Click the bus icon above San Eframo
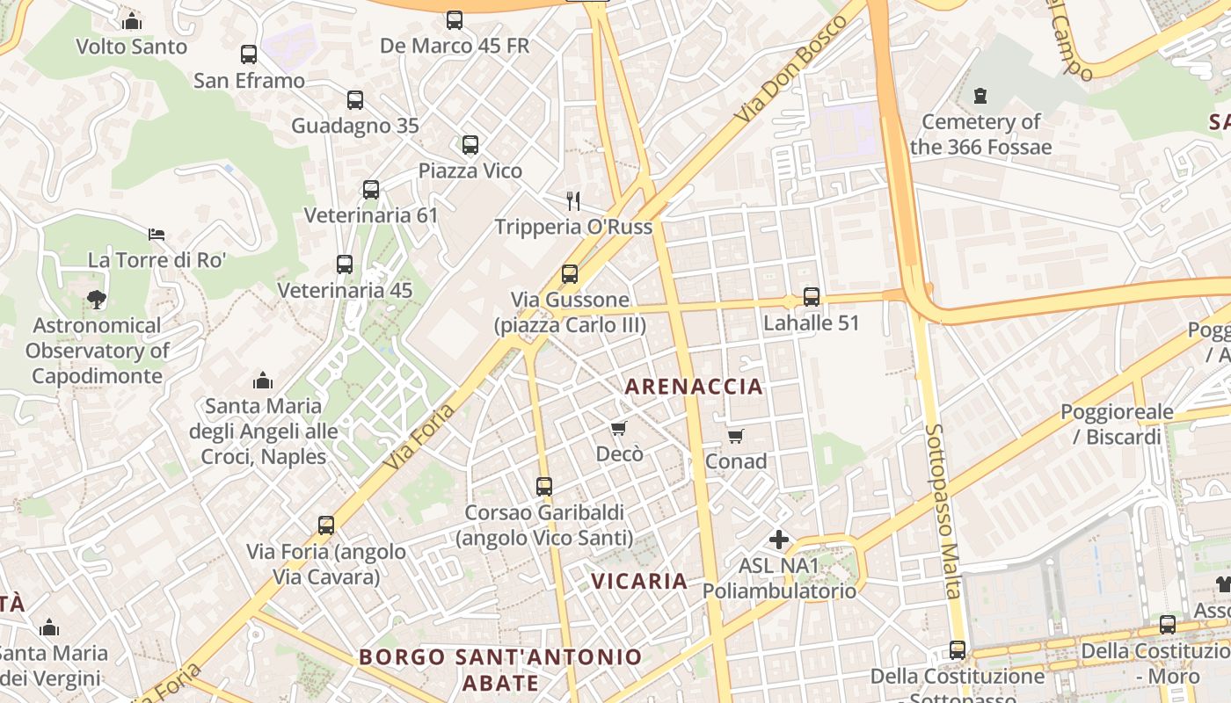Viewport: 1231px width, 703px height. pos(249,54)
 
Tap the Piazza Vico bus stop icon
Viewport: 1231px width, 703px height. pos(470,145)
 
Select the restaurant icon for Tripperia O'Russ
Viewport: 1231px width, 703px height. pos(573,201)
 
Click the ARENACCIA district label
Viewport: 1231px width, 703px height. pos(694,387)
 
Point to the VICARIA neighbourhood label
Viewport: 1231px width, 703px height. pos(639,581)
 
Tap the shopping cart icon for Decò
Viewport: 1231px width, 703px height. pos(619,429)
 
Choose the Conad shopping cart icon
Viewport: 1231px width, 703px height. pos(736,436)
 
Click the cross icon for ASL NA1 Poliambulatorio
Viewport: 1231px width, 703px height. pos(779,540)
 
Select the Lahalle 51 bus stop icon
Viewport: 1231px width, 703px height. pos(812,297)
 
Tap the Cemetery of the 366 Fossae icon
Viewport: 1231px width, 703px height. pos(980,95)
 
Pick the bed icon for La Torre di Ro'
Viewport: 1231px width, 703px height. pos(157,235)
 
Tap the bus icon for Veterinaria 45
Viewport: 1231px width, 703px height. pos(345,265)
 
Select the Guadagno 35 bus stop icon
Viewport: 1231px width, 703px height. pos(355,100)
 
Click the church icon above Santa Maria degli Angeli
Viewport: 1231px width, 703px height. pos(263,380)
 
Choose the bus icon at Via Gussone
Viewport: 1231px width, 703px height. pos(570,274)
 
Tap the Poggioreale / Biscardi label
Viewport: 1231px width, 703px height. pos(1117,424)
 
